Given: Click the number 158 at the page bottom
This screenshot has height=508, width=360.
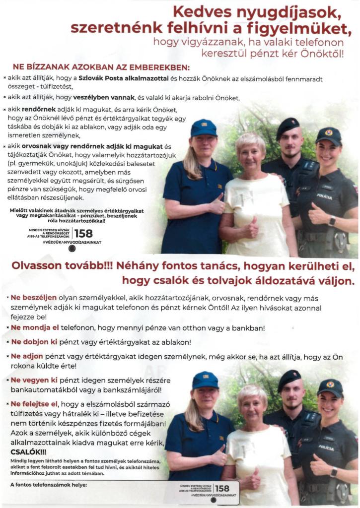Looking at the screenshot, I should pyautogui.click(x=222, y=489).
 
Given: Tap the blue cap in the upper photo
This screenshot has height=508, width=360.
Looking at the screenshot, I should pyautogui.click(x=204, y=127).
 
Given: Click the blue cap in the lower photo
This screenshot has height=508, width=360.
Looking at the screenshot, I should pyautogui.click(x=205, y=380).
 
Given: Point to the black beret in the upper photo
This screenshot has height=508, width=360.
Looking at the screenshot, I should pyautogui.click(x=288, y=127).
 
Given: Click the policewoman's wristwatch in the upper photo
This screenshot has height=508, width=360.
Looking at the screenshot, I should pyautogui.click(x=331, y=221).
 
